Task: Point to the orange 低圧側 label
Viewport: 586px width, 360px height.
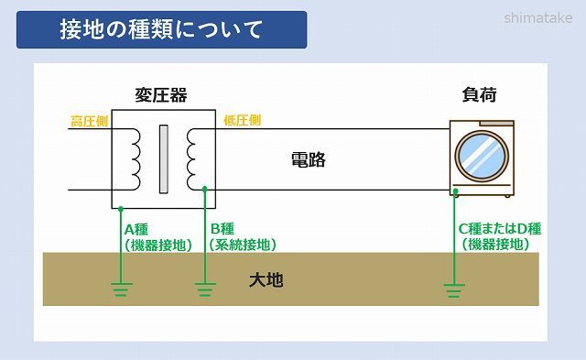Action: pyautogui.click(x=242, y=120)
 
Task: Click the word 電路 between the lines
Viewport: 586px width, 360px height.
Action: pyautogui.click(x=308, y=160)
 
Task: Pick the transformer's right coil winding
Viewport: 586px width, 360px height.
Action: pyautogui.click(x=192, y=157)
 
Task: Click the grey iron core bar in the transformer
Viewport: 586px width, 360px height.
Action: pyautogui.click(x=164, y=157)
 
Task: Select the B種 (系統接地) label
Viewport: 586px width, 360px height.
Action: pyautogui.click(x=241, y=236)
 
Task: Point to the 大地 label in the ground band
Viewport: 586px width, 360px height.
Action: pyautogui.click(x=266, y=279)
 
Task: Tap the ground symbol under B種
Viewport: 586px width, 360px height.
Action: pyautogui.click(x=205, y=290)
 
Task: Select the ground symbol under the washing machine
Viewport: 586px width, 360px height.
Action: pyautogui.click(x=453, y=290)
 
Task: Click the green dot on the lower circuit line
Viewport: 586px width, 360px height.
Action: pyautogui.click(x=205, y=191)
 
